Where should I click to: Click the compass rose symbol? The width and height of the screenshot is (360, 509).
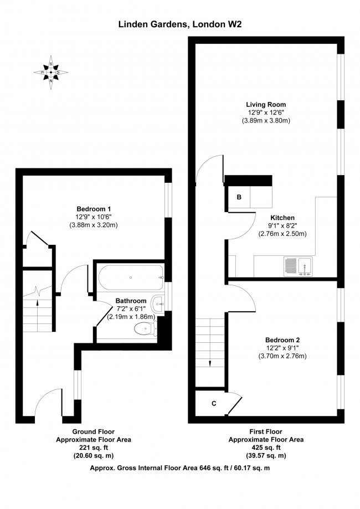click(51, 71)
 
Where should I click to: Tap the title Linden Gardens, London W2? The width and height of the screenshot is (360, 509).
click(180, 24)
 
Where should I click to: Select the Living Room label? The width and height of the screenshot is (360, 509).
click(266, 104)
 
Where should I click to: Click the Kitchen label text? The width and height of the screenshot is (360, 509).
click(282, 218)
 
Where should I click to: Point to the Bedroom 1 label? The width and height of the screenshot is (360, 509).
click(94, 208)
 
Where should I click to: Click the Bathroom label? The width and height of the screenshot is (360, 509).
click(131, 301)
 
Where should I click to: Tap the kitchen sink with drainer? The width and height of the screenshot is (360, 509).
click(299, 266)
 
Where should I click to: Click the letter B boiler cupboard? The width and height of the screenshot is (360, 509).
click(239, 197)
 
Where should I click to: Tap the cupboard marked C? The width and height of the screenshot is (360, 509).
click(214, 403)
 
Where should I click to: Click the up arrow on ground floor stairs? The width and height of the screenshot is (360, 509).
click(37, 302)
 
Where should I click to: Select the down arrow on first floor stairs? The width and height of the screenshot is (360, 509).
click(211, 363)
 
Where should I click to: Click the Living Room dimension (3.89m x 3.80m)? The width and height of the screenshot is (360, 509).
click(266, 120)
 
